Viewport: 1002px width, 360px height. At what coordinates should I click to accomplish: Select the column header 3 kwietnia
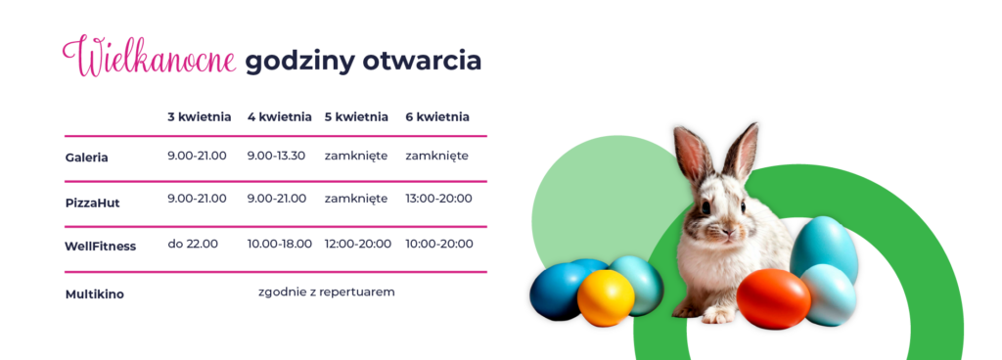click(199, 116)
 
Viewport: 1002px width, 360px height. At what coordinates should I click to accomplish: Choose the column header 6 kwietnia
click(437, 116)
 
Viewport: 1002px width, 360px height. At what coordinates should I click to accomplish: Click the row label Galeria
click(86, 157)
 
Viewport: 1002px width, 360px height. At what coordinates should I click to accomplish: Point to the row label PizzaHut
click(92, 202)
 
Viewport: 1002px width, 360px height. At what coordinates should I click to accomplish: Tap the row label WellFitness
click(100, 246)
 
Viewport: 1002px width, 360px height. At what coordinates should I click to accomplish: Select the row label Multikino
click(94, 293)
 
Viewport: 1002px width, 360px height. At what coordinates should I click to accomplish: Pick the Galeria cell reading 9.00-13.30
click(276, 156)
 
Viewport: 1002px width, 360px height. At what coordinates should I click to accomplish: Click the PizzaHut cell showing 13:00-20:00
click(438, 199)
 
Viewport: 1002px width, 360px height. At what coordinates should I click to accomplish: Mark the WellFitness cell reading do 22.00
click(193, 244)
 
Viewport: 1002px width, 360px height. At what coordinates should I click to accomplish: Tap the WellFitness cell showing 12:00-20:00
click(357, 244)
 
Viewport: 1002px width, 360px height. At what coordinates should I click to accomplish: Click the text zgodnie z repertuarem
click(327, 292)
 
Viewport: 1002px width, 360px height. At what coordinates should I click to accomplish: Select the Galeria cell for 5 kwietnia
click(356, 156)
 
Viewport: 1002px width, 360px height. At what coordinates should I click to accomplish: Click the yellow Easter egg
click(606, 297)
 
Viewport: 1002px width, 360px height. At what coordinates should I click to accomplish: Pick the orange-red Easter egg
click(773, 298)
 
